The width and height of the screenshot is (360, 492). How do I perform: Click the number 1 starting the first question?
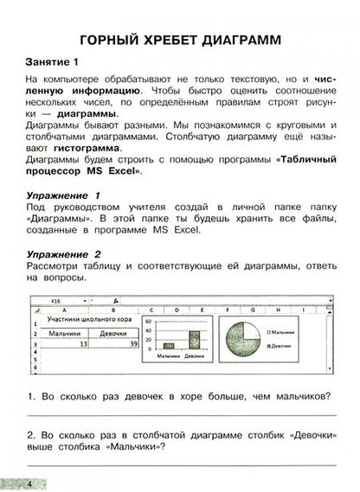tap(31, 397)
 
